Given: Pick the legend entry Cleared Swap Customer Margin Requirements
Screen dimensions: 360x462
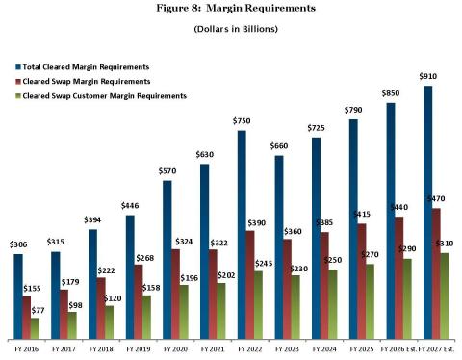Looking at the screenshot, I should tap(105, 96).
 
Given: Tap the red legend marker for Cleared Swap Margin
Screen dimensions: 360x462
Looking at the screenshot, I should tap(18, 82).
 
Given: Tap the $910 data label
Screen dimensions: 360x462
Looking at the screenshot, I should tap(427, 76).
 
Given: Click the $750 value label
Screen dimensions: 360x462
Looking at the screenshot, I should tap(242, 121).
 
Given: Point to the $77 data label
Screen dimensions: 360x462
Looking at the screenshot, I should tap(38, 310).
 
